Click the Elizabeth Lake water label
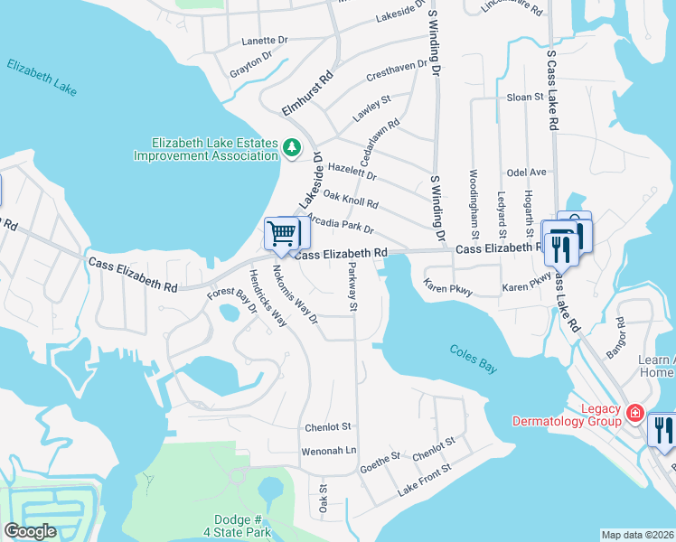(x=41, y=78)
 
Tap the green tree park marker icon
(x=292, y=146)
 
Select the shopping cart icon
(x=282, y=234)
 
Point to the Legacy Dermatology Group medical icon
(x=635, y=414)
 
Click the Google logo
(x=30, y=531)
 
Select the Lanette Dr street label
(x=264, y=41)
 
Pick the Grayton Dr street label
(x=250, y=64)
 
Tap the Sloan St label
(x=524, y=97)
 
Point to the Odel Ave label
(x=526, y=172)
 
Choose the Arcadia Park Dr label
(x=341, y=223)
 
